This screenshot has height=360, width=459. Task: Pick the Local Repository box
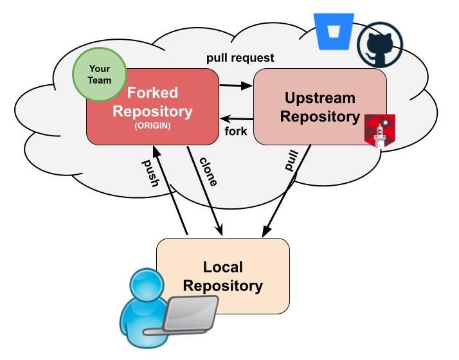point(223,275)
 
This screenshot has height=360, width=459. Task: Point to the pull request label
point(240,58)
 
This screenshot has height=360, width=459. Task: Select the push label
point(150,172)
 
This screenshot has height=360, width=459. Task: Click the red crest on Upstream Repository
point(380,130)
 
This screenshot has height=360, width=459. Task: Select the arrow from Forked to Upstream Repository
point(236,85)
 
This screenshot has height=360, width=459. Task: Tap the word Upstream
point(319,98)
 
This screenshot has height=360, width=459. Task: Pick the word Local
point(223,266)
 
